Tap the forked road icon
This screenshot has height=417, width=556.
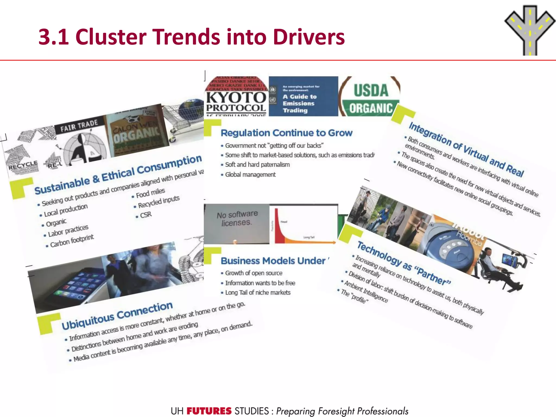tap(530, 30)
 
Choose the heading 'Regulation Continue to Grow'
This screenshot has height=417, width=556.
tap(286, 133)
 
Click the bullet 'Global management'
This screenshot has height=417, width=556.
tap(250, 175)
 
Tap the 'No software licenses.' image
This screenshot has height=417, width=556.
tap(236, 223)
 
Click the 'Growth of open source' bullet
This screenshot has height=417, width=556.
tap(254, 273)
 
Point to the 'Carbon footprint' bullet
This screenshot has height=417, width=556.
tap(72, 241)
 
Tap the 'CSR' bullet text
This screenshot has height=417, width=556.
tap(146, 215)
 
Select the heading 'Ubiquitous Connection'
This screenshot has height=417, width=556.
tap(117, 315)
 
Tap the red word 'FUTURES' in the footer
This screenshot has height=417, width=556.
tap(209, 411)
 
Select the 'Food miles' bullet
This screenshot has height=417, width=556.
tap(150, 193)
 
